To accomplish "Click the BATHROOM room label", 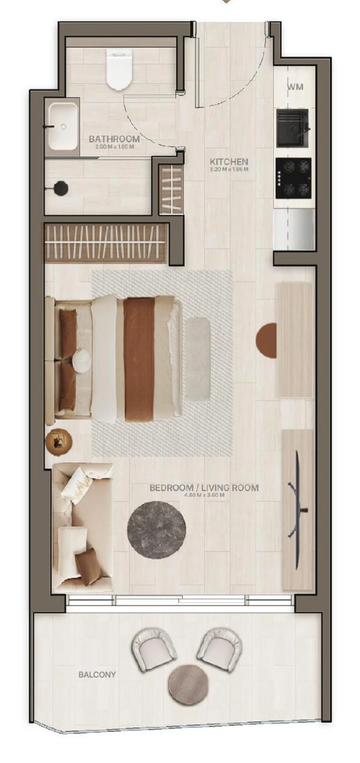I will pos(114,139).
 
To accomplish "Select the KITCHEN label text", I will pos(229,162).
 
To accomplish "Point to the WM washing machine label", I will pos(296,87).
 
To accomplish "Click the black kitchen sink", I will pos(292,128).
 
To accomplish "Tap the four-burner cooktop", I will pos(293,178).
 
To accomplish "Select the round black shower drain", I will pos(61,188).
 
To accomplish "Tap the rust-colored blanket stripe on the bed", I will pos(139,359).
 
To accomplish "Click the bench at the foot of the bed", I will pos(198,359).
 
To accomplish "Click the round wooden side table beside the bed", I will pos(59,442).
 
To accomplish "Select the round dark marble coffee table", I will pos(156,529).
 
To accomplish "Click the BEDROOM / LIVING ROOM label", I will pos(204,488).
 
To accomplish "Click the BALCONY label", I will pos(97,675).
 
